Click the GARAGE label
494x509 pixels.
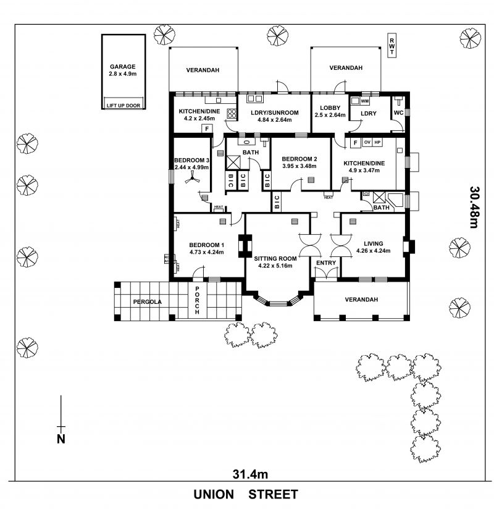[122, 67]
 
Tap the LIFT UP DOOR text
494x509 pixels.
[124, 105]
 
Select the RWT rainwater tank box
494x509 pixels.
[391, 46]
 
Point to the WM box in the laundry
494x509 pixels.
[364, 101]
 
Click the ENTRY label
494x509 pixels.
[326, 263]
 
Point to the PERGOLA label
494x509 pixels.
[147, 302]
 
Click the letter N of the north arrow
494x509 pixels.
[61, 439]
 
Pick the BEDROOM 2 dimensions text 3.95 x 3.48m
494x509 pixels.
[299, 166]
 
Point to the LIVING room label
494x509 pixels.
[373, 243]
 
